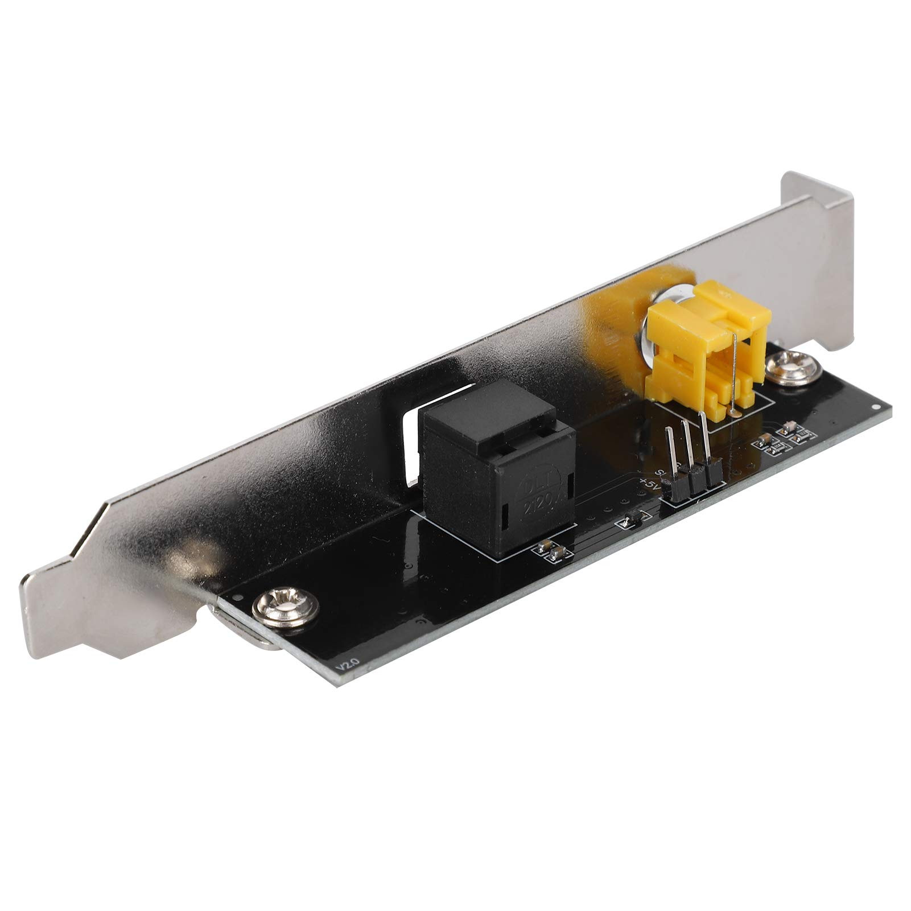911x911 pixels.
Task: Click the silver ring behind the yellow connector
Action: [654, 330]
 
